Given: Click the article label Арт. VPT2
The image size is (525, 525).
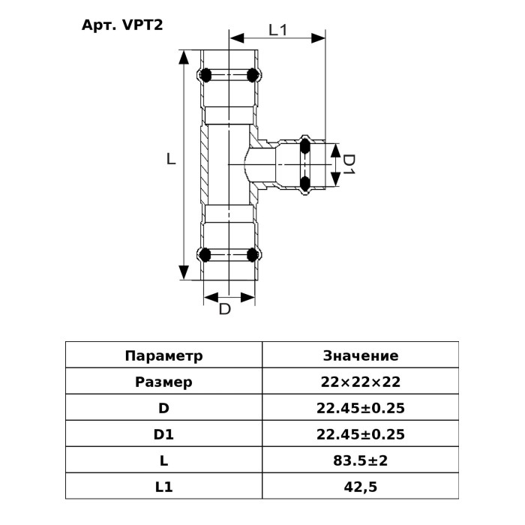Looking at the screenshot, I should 121,23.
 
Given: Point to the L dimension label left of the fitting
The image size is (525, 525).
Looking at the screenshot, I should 172,159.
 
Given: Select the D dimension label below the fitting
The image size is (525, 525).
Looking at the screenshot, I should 224,309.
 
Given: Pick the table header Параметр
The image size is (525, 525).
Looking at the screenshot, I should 163,355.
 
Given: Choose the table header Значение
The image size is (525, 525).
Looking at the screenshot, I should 360,355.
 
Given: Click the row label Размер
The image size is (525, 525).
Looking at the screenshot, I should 163,382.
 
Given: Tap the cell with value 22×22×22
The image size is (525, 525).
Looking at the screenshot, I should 360,382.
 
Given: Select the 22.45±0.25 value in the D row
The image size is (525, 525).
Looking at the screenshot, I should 360,409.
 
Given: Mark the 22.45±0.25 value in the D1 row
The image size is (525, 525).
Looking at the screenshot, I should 360,434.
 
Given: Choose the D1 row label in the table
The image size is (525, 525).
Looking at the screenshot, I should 163,434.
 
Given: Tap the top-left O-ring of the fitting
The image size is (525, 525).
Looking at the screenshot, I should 204,75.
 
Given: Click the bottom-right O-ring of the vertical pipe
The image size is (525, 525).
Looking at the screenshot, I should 254,253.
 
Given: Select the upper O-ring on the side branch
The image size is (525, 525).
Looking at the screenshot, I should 305,145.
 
